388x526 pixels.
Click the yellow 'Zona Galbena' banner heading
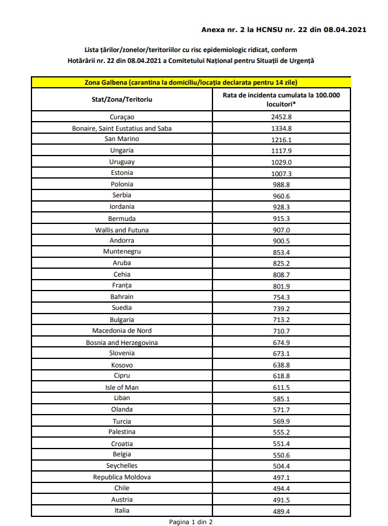(191, 82)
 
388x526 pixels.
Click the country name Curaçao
(122, 117)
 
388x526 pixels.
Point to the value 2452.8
(281, 117)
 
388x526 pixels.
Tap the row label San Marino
(122, 139)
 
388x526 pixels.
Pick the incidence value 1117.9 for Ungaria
(281, 151)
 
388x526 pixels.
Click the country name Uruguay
(122, 162)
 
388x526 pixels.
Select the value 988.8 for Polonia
(281, 184)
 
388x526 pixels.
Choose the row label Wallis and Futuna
(122, 229)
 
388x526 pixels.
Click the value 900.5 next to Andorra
(281, 240)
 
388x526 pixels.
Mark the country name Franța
(122, 286)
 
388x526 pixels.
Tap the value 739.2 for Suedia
(281, 308)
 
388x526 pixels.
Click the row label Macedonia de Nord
(122, 330)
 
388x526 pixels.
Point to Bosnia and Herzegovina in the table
(122, 342)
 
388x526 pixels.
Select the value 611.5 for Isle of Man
(281, 387)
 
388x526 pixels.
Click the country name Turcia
(122, 421)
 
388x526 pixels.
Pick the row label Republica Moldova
(122, 477)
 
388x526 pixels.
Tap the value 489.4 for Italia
(281, 511)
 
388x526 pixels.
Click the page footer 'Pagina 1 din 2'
(191, 521)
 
